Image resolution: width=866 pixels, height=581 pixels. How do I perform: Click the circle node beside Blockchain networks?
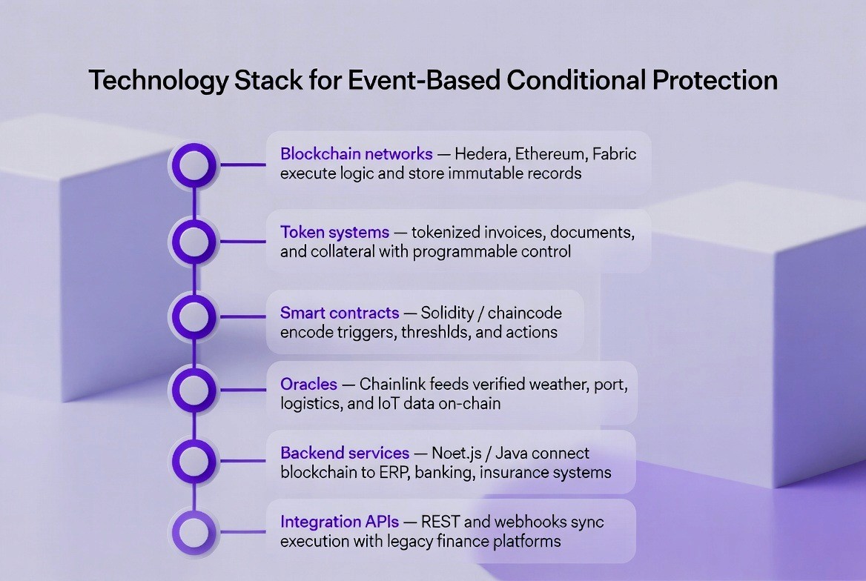[194, 165]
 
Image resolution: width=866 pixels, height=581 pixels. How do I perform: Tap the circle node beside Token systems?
[194, 242]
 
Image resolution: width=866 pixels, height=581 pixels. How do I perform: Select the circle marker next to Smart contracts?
[194, 317]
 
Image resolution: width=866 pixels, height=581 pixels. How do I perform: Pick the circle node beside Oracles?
[194, 388]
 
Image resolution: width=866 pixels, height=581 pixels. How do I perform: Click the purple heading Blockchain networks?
[356, 154]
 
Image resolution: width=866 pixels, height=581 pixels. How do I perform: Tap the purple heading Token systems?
[334, 232]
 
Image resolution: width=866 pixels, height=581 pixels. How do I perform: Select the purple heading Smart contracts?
[340, 313]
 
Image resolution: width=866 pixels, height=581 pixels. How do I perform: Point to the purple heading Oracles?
[308, 384]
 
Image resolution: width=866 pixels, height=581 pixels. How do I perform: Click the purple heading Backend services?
[345, 453]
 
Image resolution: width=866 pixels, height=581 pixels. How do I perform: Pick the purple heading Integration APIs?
[340, 522]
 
